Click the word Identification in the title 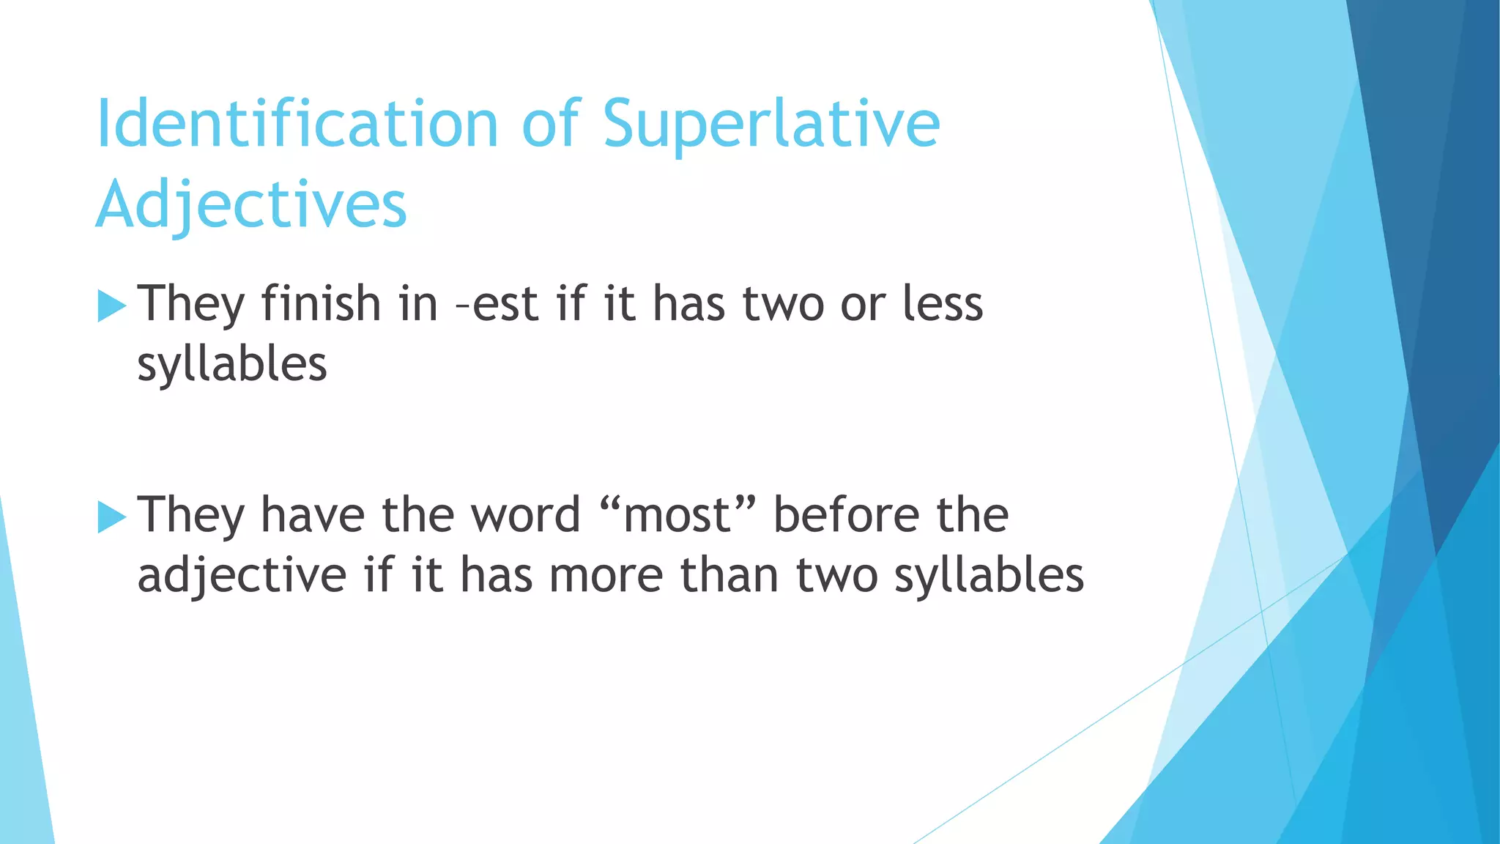(297, 124)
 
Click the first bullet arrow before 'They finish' (111, 306)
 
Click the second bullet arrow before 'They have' (111, 517)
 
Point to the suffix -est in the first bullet (497, 305)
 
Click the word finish (321, 303)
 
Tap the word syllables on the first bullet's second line (231, 365)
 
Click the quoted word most (677, 515)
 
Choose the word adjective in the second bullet (242, 576)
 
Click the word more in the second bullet (606, 576)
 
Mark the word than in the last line (729, 576)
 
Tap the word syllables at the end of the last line (989, 576)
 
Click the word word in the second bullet (525, 514)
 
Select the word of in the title (552, 124)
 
